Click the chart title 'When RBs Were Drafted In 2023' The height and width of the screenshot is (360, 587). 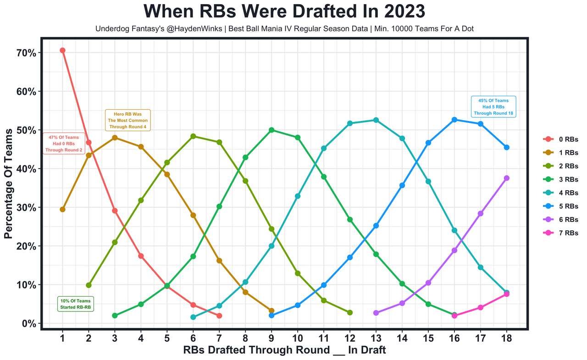pos(284,11)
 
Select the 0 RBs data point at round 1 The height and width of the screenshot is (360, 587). pos(62,50)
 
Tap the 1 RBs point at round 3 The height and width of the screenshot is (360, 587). pos(115,138)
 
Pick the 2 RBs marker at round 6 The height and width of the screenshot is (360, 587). pos(193,136)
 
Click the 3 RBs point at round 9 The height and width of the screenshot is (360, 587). pos(271,130)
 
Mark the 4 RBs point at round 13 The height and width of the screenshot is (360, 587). pos(376,120)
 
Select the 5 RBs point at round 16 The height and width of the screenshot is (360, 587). pos(454,120)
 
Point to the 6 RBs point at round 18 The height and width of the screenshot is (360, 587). pos(507,178)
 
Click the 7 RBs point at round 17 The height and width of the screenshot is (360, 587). pos(481,307)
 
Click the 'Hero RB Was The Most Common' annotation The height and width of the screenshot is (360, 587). pos(128,120)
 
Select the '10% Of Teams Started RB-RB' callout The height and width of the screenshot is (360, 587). pos(76,304)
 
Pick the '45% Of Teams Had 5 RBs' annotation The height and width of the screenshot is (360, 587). pos(493,107)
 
